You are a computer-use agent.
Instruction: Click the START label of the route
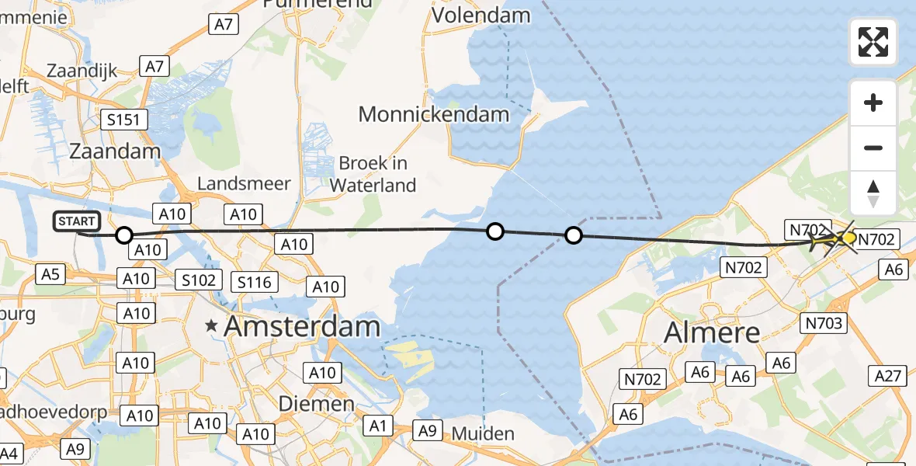click(78, 222)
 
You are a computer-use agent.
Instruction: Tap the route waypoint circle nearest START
click(124, 235)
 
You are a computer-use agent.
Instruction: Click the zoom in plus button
click(873, 103)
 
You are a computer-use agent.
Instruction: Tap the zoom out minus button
click(873, 148)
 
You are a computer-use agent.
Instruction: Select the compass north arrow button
click(873, 193)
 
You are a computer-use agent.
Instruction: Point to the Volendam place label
click(481, 15)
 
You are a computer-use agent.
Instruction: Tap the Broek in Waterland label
click(373, 175)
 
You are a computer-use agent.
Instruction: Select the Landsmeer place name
click(244, 184)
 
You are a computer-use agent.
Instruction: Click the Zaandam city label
click(115, 151)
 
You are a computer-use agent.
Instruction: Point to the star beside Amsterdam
click(210, 328)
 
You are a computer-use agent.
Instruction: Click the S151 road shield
click(125, 120)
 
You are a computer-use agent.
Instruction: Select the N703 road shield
click(824, 323)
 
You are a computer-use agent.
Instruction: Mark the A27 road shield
click(888, 377)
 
